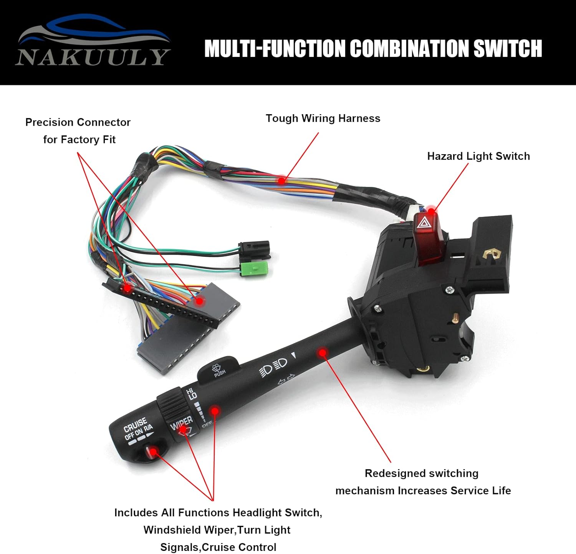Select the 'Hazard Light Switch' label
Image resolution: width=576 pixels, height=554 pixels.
click(478, 156)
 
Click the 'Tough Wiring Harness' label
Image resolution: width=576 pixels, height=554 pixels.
click(323, 118)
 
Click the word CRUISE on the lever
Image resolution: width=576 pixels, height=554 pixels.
click(135, 425)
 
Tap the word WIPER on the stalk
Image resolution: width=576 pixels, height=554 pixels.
click(182, 423)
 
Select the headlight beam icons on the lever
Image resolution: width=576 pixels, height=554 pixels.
click(273, 366)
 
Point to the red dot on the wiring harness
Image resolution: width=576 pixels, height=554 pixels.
click(281, 180)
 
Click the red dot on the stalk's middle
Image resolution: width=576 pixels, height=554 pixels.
click(323, 352)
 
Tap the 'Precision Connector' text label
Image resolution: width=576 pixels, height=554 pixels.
click(78, 122)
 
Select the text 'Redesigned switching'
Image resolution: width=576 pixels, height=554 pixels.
click(421, 473)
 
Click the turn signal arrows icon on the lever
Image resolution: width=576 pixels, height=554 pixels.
click(286, 379)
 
